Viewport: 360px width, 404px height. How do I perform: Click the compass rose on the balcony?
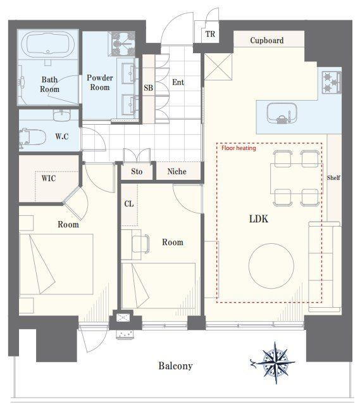275,363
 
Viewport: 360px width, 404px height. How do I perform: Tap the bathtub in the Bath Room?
48,45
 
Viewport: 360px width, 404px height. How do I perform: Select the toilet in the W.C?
32,137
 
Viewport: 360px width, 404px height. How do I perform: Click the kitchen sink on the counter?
282,113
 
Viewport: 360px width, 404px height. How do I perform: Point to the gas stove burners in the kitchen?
332,82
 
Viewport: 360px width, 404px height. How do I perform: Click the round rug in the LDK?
271,266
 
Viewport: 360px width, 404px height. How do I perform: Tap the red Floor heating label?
239,148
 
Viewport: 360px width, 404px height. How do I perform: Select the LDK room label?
259,219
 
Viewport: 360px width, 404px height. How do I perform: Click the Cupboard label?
267,40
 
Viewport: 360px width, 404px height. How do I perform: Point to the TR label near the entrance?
210,34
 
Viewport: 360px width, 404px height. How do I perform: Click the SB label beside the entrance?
148,87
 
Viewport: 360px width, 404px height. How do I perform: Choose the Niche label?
177,172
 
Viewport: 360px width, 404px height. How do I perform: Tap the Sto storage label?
137,172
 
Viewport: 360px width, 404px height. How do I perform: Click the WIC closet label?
49,178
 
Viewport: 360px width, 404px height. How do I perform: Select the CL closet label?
129,204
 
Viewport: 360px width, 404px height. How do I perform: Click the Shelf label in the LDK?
333,178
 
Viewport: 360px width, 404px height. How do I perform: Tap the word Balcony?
175,366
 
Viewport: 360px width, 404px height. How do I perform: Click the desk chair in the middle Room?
140,244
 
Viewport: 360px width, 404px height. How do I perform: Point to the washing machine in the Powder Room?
121,44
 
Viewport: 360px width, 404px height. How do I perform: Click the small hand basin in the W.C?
62,115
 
